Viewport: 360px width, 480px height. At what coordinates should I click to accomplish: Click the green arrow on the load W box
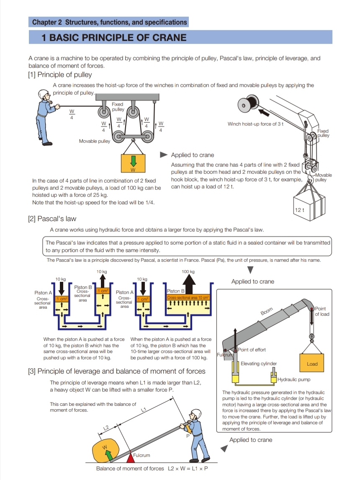pyautogui.click(x=134, y=161)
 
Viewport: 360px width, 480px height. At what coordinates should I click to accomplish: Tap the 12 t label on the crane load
pyautogui.click(x=299, y=210)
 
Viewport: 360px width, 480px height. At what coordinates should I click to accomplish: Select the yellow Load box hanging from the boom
pyautogui.click(x=312, y=364)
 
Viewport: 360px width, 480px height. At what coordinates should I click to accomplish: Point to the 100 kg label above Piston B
pyautogui.click(x=188, y=272)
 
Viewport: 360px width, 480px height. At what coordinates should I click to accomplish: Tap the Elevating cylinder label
pyautogui.click(x=258, y=364)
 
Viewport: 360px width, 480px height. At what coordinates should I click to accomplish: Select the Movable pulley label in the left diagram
pyautogui.click(x=94, y=141)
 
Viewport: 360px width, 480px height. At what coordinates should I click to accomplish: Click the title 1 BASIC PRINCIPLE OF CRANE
pyautogui.click(x=114, y=38)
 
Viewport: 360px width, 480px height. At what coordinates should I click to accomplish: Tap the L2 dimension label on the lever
pyautogui.click(x=106, y=428)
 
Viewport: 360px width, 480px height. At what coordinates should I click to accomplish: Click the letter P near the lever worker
pyautogui.click(x=188, y=436)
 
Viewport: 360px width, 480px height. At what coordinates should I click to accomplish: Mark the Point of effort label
pyautogui.click(x=252, y=350)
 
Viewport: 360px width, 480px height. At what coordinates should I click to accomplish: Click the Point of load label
pyautogui.click(x=322, y=312)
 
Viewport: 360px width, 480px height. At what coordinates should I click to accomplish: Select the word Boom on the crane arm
pyautogui.click(x=267, y=312)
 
